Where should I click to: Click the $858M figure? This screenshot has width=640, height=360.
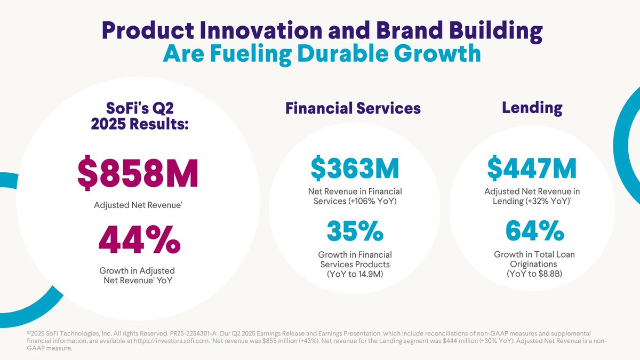coord(138,173)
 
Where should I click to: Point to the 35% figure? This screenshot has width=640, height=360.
coord(355,231)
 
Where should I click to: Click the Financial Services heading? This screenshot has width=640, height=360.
coord(353,108)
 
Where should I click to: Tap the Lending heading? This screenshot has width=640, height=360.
coord(532,108)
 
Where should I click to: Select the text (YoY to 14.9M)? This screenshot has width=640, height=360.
coord(355,274)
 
